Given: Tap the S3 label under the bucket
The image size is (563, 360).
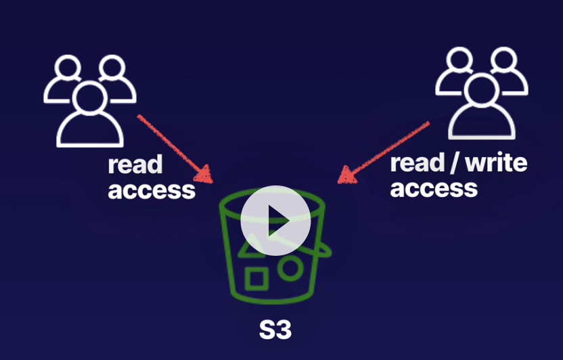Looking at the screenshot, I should (x=275, y=330).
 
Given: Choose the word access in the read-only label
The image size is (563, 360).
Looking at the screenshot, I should (x=152, y=190).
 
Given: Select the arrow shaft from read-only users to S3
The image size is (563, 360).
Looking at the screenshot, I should (x=169, y=144).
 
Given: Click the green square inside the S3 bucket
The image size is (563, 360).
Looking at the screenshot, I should (x=256, y=279).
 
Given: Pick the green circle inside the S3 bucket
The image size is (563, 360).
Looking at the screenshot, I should (x=290, y=268).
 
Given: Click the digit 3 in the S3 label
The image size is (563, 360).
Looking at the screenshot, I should (x=284, y=330).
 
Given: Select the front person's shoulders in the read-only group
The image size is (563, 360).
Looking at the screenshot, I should (x=90, y=132).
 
